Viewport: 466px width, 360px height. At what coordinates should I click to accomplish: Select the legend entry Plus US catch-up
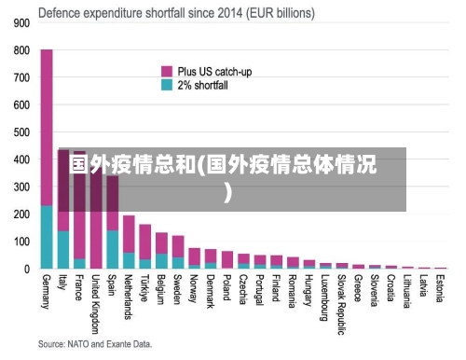(x=214, y=71)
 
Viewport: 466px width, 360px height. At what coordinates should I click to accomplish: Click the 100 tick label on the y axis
(x=20, y=242)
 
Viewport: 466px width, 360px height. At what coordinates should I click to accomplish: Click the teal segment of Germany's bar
(x=47, y=238)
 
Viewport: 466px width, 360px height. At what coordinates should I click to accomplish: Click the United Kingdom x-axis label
(x=96, y=302)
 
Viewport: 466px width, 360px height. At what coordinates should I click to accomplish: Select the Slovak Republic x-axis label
(x=342, y=298)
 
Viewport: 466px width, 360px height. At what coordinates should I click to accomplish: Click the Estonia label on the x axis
(x=440, y=288)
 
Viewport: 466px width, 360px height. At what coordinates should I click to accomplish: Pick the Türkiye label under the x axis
(x=145, y=288)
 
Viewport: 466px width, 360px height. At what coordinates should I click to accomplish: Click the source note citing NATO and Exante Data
(x=95, y=344)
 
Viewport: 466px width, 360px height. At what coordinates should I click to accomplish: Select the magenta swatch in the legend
(x=167, y=71)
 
